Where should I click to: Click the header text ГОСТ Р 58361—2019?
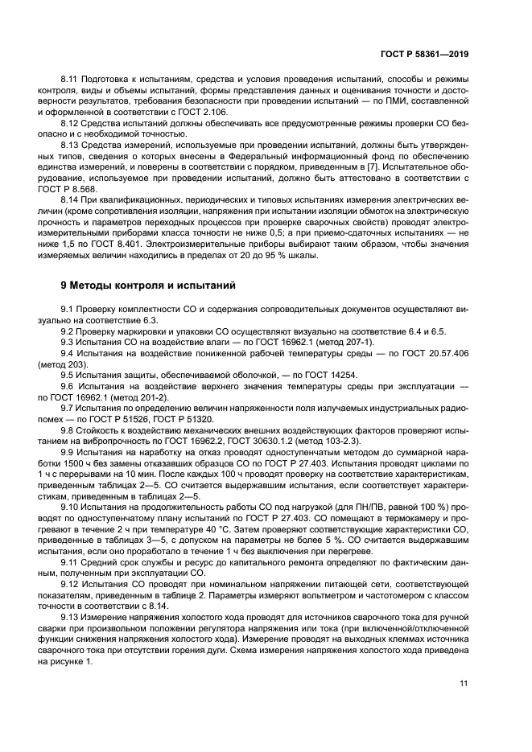(x=423, y=54)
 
